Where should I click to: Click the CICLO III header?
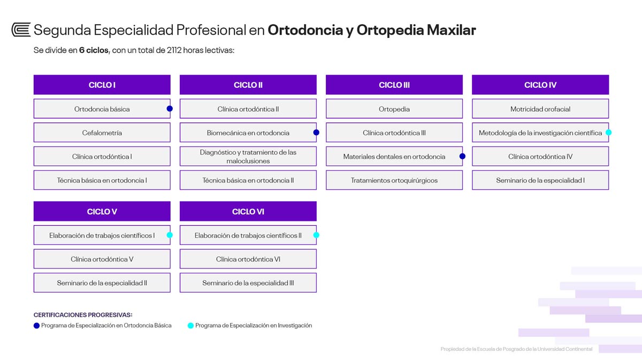click(x=394, y=85)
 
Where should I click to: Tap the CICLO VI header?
click(x=248, y=211)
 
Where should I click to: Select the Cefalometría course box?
click(x=102, y=133)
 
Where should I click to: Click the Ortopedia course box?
click(x=394, y=109)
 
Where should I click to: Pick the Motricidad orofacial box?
click(x=540, y=109)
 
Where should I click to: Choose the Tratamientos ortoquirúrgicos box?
click(x=394, y=180)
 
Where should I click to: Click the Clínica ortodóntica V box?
click(x=102, y=259)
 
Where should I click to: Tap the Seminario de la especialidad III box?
click(x=248, y=283)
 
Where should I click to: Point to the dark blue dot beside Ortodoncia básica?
click(x=170, y=109)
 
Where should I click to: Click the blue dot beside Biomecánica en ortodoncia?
click(x=316, y=133)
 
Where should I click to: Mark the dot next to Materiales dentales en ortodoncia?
click(x=462, y=156)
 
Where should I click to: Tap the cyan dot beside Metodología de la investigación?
click(x=608, y=133)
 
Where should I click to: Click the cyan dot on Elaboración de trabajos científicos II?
click(x=316, y=235)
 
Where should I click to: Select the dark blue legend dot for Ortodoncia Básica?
click(x=36, y=326)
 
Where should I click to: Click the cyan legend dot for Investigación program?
click(x=190, y=326)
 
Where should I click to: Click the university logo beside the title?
click(x=21, y=30)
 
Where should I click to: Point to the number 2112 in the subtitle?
click(x=174, y=50)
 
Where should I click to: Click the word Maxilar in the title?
click(x=452, y=30)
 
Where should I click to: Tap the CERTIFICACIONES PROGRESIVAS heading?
click(x=83, y=314)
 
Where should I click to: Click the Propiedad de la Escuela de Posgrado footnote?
click(x=516, y=349)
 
